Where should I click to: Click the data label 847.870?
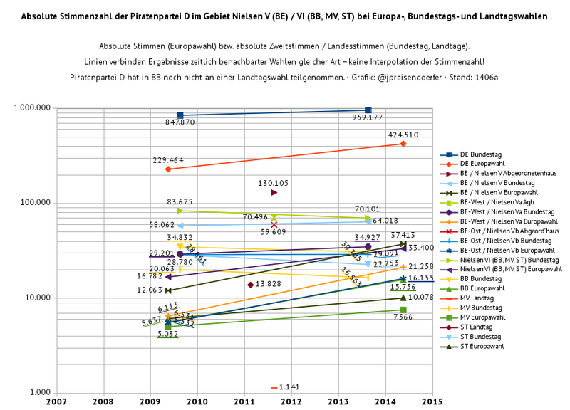pos(180,122)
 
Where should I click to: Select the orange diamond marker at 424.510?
pos(403,144)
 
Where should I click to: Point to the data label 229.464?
pos(168,160)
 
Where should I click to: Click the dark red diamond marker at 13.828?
pos(250,285)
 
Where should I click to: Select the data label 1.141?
pos(289,387)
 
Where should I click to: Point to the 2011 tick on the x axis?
pos(244,401)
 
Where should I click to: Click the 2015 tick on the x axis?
pos(432,401)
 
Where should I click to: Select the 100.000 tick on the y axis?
pos(35,203)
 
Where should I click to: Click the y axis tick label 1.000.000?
pos(31,108)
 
